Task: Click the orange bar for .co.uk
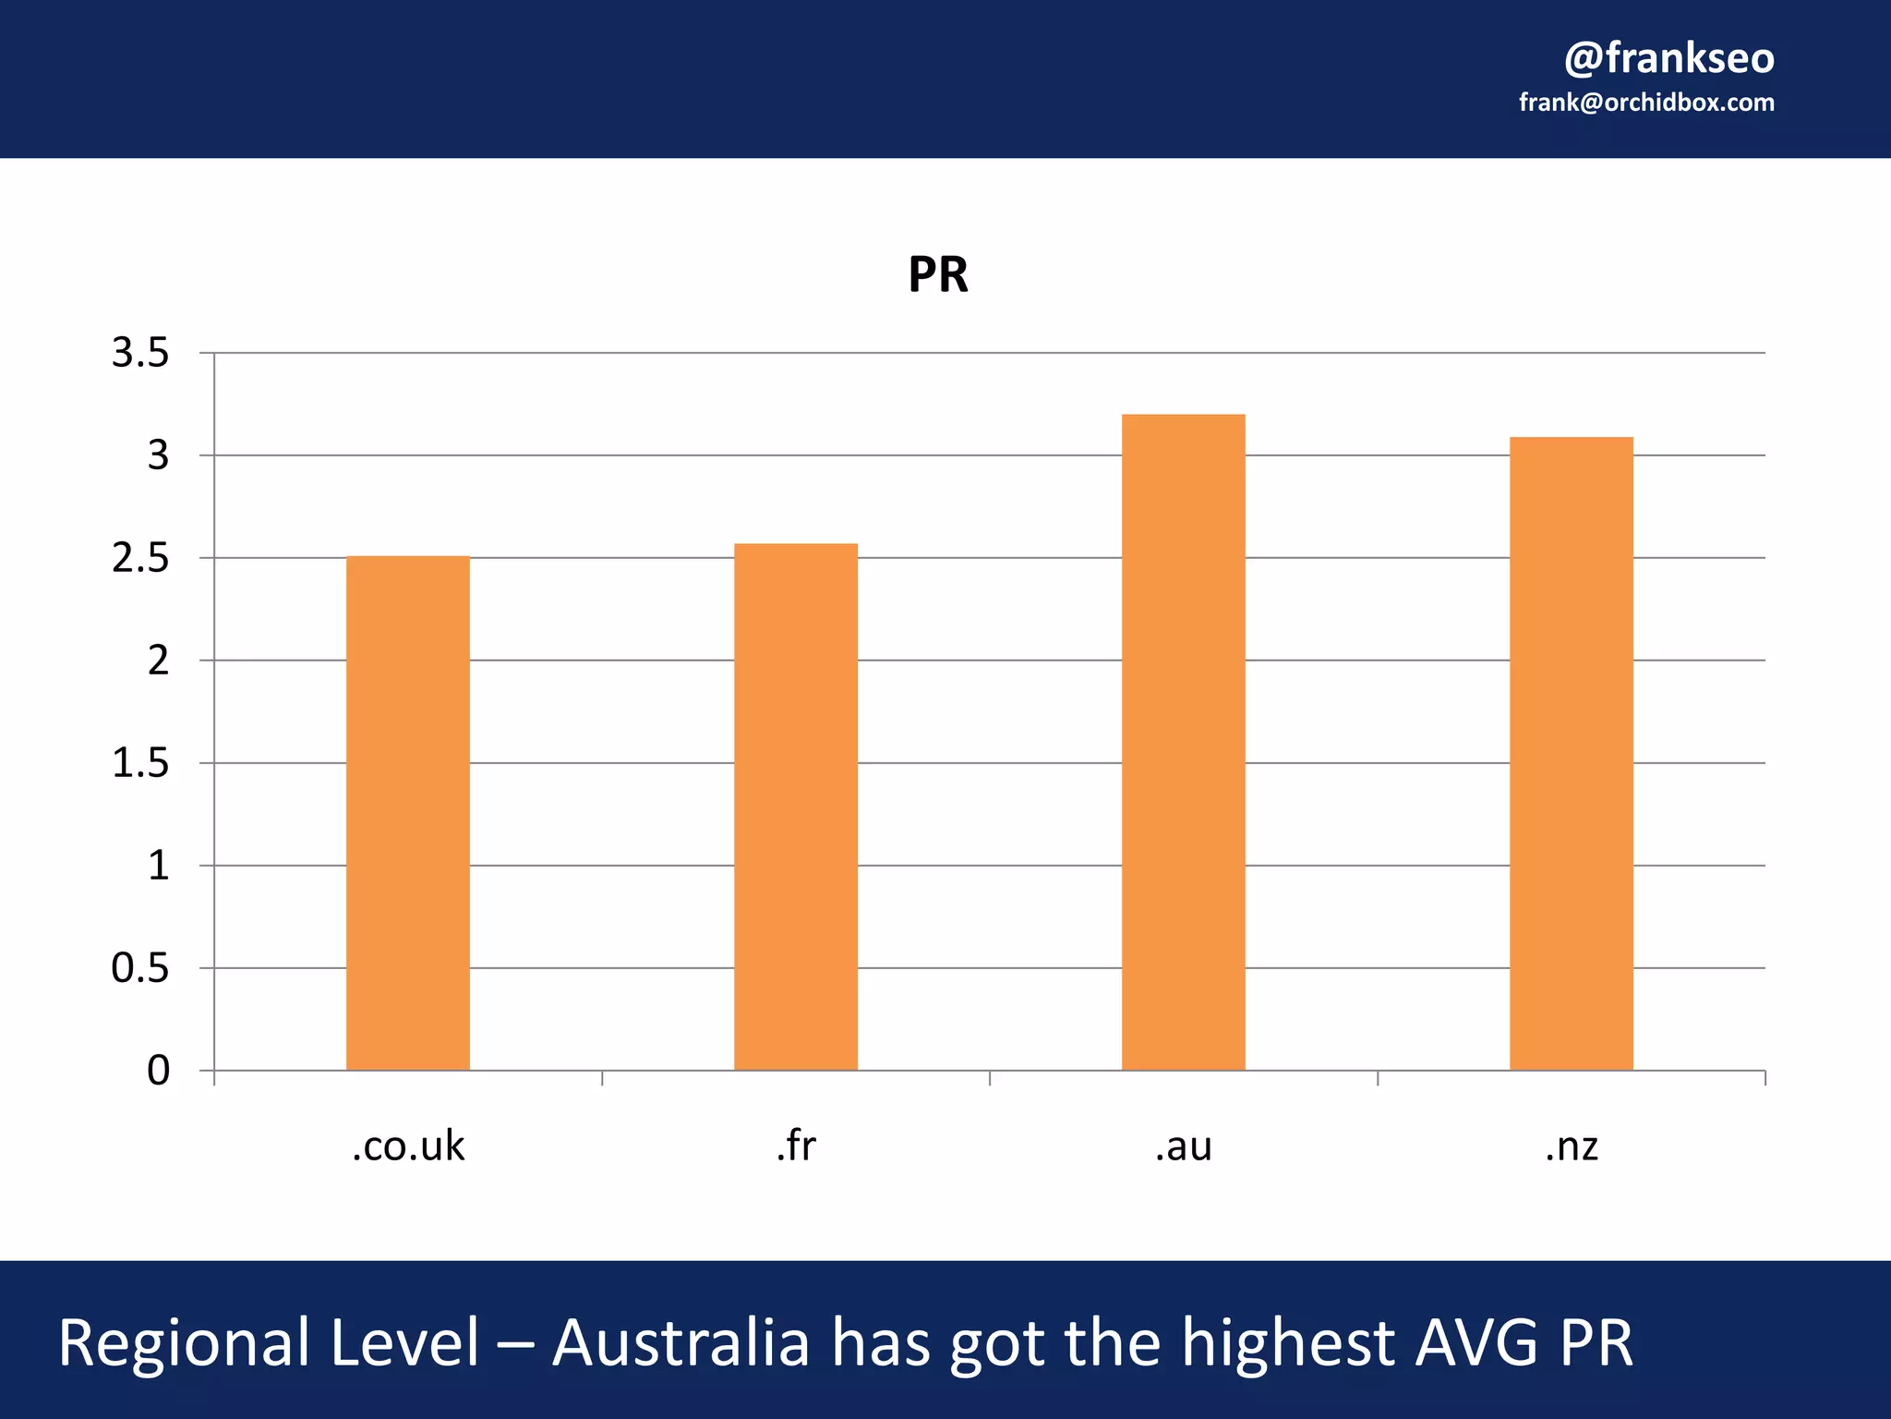click(x=407, y=813)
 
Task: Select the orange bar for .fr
click(x=795, y=807)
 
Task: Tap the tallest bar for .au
click(x=1183, y=742)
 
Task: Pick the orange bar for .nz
click(x=1571, y=753)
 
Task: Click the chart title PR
click(x=938, y=274)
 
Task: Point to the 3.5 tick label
click(x=140, y=353)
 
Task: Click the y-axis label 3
click(x=158, y=455)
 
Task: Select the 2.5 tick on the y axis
click(x=140, y=558)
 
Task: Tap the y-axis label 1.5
click(x=140, y=763)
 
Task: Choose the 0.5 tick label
click(x=140, y=968)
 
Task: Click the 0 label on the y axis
click(x=158, y=1071)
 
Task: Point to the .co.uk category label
click(x=407, y=1146)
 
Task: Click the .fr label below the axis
click(x=795, y=1146)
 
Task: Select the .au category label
click(x=1183, y=1146)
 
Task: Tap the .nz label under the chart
click(x=1571, y=1146)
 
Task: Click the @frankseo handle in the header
click(x=1668, y=57)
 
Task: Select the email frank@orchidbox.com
click(x=1646, y=103)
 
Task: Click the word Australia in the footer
click(x=681, y=1342)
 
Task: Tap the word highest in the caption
click(x=1289, y=1342)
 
